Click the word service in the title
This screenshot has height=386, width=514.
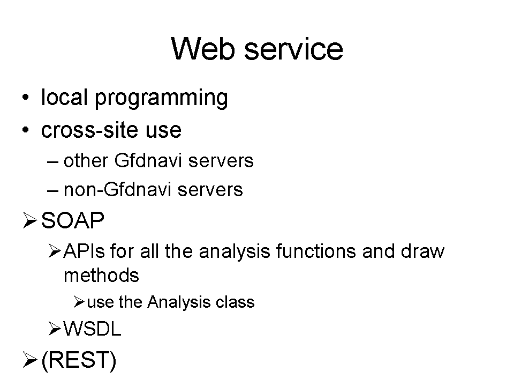point(294,49)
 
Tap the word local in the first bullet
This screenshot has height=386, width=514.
point(64,97)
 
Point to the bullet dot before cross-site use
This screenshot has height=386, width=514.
point(26,130)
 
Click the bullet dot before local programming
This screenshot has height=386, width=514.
point(26,98)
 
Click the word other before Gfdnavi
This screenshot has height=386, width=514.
point(86,161)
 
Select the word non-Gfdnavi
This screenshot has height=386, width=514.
point(117,190)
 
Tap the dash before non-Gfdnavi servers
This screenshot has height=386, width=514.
point(53,191)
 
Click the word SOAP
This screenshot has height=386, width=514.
point(73,220)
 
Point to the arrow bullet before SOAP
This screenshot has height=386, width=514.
point(30,220)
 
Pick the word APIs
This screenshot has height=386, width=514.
point(84,251)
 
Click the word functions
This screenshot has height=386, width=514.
point(316,251)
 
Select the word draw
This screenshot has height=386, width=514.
point(422,251)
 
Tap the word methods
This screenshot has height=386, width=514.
point(101,275)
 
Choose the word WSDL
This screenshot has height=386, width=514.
point(92,329)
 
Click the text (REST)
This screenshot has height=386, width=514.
point(79,360)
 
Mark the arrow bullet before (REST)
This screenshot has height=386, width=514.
point(30,360)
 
